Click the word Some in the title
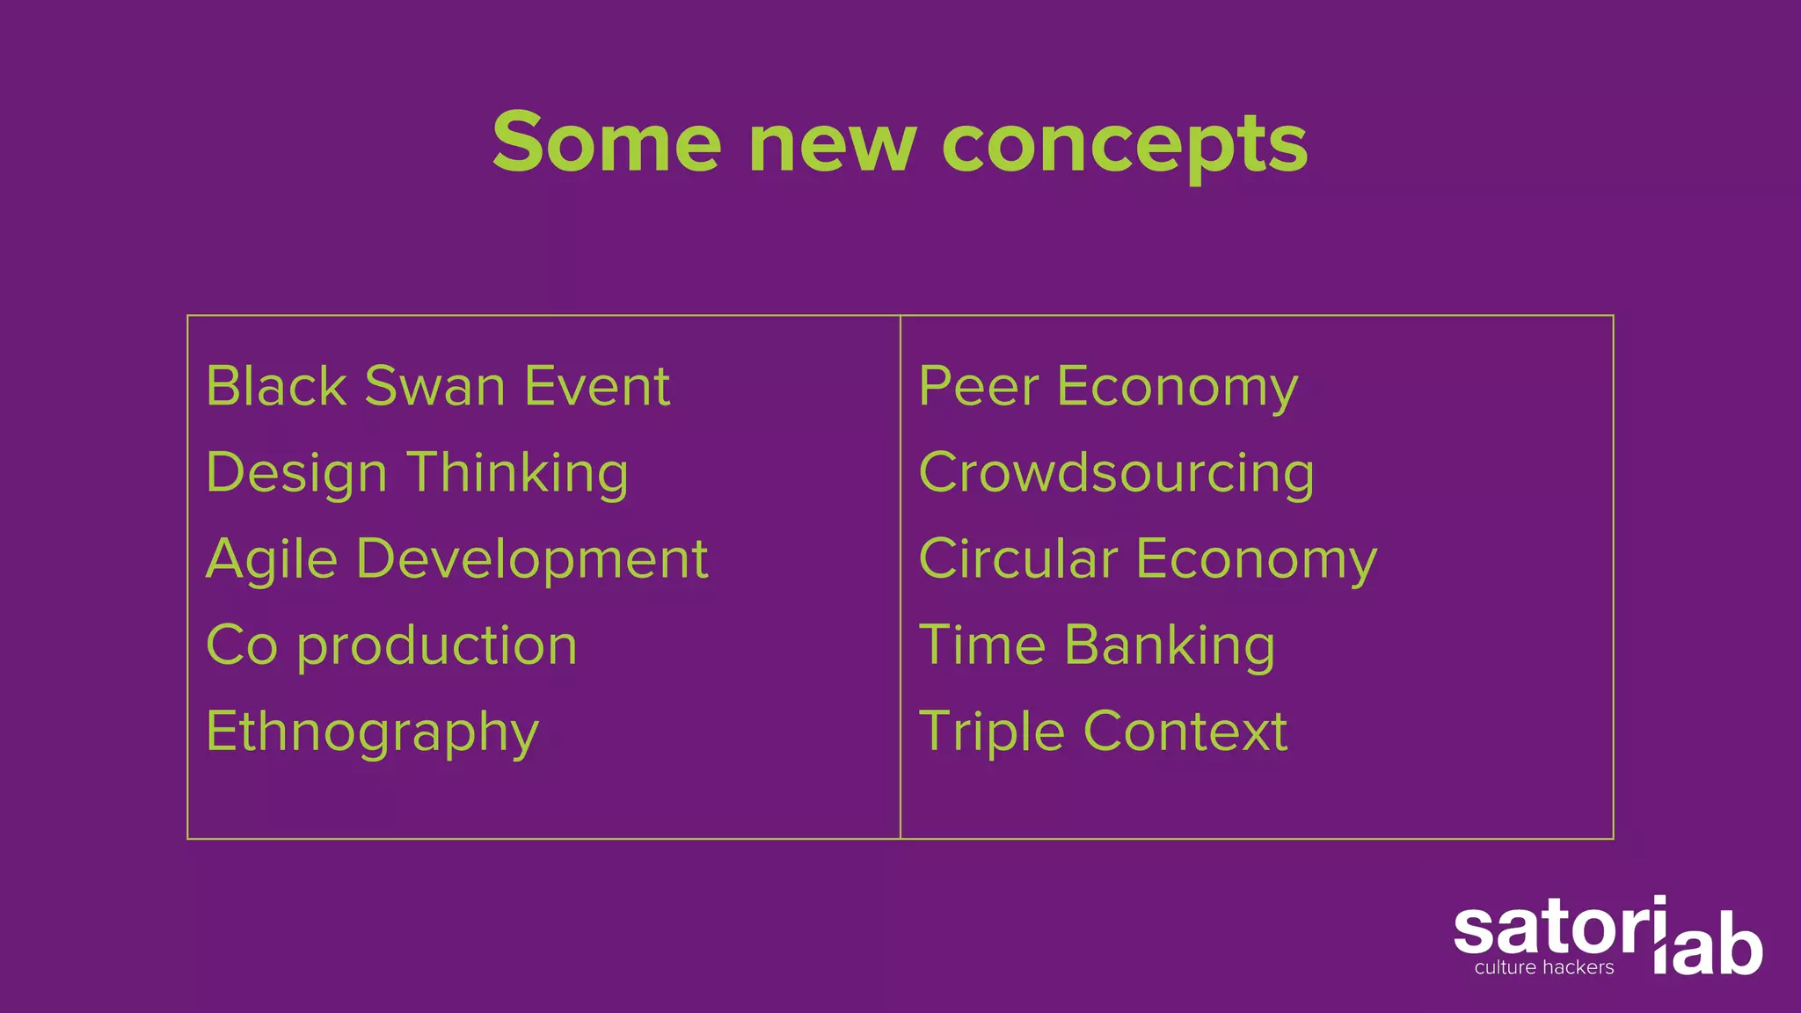point(607,142)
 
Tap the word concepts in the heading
point(1125,145)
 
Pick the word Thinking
point(518,474)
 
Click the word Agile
point(272,560)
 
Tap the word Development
point(532,560)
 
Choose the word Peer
point(979,386)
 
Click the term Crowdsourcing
point(1116,474)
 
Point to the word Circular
point(1018,558)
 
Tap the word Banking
point(1170,646)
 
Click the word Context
point(1185,732)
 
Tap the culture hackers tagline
point(1544,968)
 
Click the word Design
point(296,474)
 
